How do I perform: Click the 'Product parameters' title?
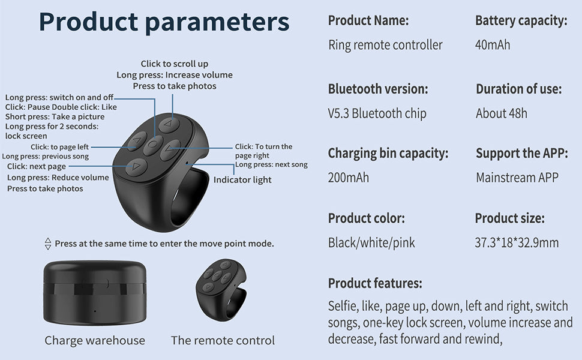(164, 22)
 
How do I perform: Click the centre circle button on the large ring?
(153, 144)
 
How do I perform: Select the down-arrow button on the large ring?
(137, 166)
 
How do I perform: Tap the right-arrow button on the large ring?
(170, 148)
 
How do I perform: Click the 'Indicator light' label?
(242, 179)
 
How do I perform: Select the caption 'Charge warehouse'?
(95, 340)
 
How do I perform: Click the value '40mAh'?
(493, 45)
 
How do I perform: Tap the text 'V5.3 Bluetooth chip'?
(377, 113)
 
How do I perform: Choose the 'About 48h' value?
(502, 113)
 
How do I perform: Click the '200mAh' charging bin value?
(349, 178)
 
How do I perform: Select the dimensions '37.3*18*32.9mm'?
(517, 242)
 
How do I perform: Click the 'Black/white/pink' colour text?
(371, 242)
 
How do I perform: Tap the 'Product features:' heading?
(375, 283)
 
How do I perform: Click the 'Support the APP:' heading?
(521, 153)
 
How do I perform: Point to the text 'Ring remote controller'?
(385, 45)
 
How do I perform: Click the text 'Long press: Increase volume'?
(174, 75)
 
